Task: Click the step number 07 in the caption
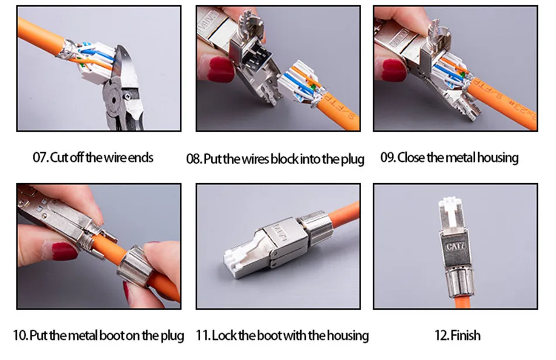click(x=40, y=157)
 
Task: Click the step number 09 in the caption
click(x=387, y=157)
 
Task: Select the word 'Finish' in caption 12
click(x=466, y=335)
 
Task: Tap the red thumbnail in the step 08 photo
click(x=221, y=70)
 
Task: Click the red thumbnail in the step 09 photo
click(x=394, y=70)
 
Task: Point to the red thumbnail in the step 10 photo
click(x=64, y=251)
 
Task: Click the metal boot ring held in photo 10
click(x=135, y=266)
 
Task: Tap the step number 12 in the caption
click(x=442, y=335)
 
